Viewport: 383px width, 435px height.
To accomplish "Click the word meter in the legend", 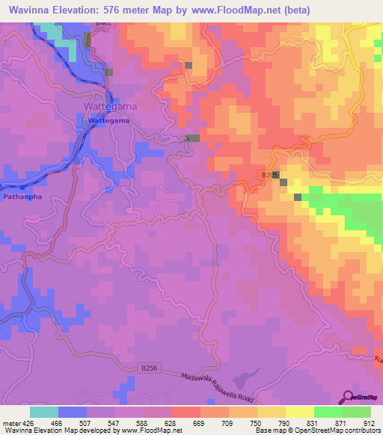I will click(x=13, y=423).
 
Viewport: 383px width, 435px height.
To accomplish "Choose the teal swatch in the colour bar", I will click(x=44, y=412).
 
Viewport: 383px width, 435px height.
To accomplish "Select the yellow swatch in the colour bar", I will click(x=299, y=412).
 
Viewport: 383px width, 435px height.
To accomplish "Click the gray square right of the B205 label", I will click(x=284, y=182).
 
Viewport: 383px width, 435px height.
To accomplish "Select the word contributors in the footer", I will click(x=361, y=431).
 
